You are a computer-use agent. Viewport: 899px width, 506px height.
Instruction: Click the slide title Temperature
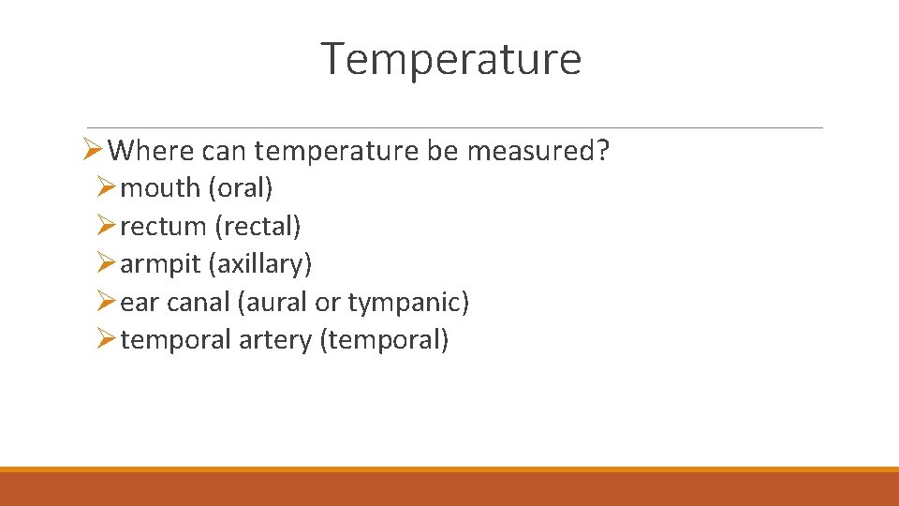451,59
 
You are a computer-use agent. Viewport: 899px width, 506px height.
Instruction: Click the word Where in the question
149,150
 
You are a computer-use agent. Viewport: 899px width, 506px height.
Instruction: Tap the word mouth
161,188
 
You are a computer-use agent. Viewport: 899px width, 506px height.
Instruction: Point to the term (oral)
241,188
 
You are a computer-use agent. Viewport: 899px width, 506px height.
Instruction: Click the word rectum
163,227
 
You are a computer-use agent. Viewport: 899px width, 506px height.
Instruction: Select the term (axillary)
260,264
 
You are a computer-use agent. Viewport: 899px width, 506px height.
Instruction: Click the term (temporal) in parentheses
384,340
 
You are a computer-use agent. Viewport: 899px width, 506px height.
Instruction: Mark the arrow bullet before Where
91,150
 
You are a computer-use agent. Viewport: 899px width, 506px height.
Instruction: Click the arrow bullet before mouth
106,188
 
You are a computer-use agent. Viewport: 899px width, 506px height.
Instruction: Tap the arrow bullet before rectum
106,227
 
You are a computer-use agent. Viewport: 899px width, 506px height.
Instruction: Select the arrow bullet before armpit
106,264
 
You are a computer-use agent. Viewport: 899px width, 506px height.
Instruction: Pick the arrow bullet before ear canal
106,303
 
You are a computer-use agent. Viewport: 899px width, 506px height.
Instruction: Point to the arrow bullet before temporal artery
106,340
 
